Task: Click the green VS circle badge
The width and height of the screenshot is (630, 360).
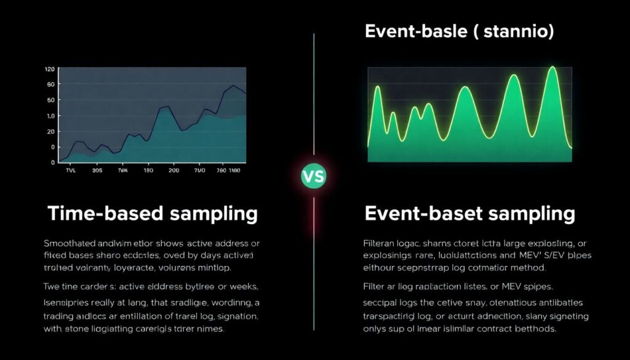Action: (x=314, y=177)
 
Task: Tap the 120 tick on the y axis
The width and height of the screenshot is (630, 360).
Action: (x=50, y=69)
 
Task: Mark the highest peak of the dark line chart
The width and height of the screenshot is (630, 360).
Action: (x=233, y=86)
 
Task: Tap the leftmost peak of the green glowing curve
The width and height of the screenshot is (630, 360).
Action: (x=377, y=87)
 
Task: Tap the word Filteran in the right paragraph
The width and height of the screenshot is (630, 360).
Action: (x=383, y=242)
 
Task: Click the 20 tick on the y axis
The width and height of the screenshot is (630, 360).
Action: (x=50, y=132)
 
